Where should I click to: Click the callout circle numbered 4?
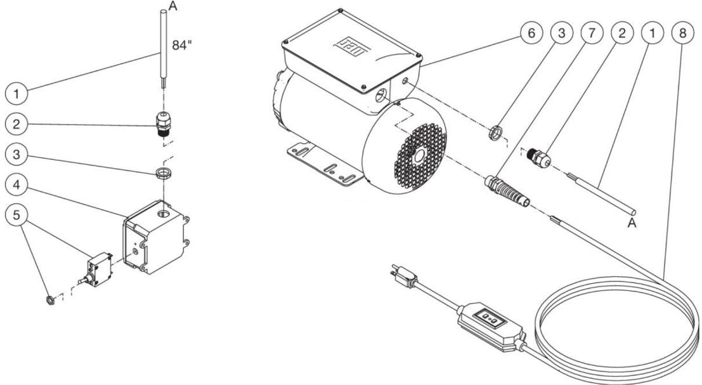[x=16, y=186]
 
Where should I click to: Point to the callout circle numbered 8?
[x=682, y=33]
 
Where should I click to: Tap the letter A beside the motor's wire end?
[x=632, y=223]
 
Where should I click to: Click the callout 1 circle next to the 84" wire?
[x=16, y=95]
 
